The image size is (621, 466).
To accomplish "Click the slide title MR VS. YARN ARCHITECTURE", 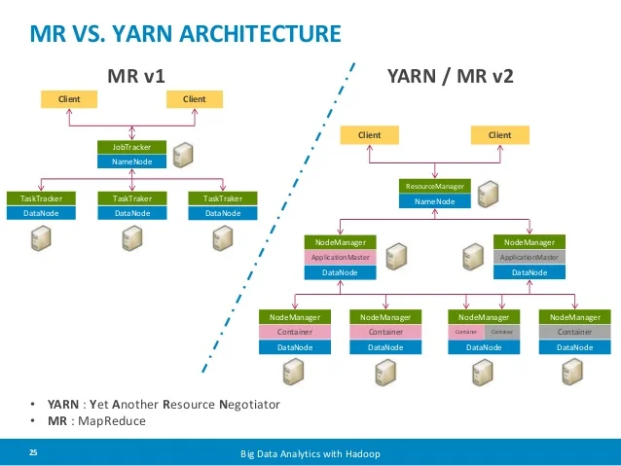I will [186, 35].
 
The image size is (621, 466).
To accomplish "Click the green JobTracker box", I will [132, 148].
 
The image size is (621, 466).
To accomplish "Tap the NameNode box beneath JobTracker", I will [132, 161].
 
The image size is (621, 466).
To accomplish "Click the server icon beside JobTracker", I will [183, 154].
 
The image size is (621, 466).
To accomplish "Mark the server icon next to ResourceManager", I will [488, 193].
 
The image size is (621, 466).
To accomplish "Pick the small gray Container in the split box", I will [501, 332].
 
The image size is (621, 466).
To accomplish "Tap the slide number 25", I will [33, 453].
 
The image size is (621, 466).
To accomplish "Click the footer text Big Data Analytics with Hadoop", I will [310, 454].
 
